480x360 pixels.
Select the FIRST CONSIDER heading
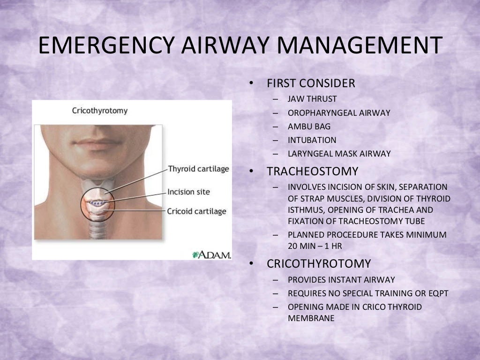point(311,83)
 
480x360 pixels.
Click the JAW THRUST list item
point(312,99)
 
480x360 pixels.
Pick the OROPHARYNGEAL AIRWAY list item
point(339,113)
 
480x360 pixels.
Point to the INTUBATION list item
point(312,140)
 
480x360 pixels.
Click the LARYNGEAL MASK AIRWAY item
point(339,154)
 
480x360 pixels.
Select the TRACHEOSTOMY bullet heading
point(313,171)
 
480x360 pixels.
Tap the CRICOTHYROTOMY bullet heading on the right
point(319,263)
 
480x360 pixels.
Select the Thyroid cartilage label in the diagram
point(198,169)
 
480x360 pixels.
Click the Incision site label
point(189,192)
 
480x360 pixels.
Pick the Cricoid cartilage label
point(196,211)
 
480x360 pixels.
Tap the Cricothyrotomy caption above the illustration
point(99,111)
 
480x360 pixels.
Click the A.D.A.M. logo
point(212,255)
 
